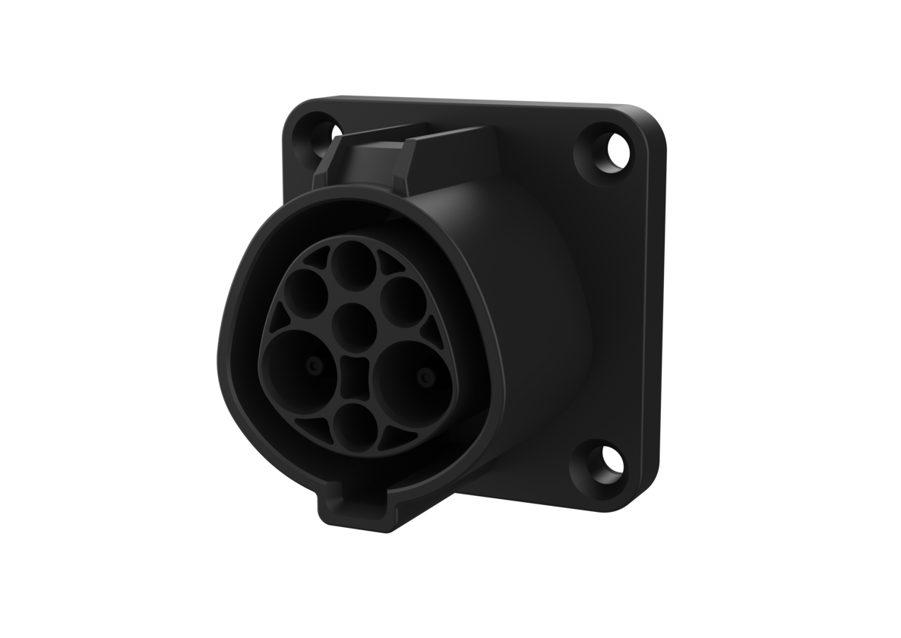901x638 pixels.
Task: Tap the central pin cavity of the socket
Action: point(351,324)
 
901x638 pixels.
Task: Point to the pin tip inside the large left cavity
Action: point(311,367)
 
